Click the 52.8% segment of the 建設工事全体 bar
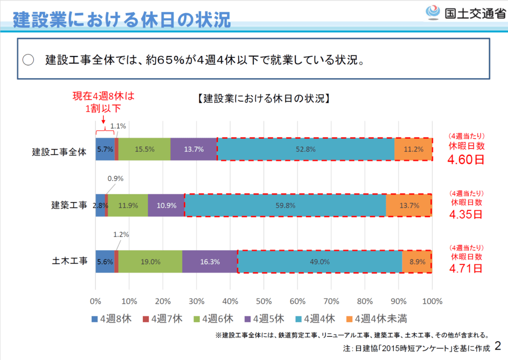pos(306,149)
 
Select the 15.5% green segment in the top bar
pos(144,149)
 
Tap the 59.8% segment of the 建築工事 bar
pos(285,205)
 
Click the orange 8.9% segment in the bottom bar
pos(417,261)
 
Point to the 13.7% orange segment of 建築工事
pos(409,205)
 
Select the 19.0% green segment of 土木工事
pos(150,261)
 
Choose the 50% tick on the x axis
pos(263,300)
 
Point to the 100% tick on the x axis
pos(432,300)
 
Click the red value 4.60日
pos(466,160)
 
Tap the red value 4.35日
pos(466,215)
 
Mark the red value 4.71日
pos(466,269)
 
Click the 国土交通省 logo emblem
pos(434,12)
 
